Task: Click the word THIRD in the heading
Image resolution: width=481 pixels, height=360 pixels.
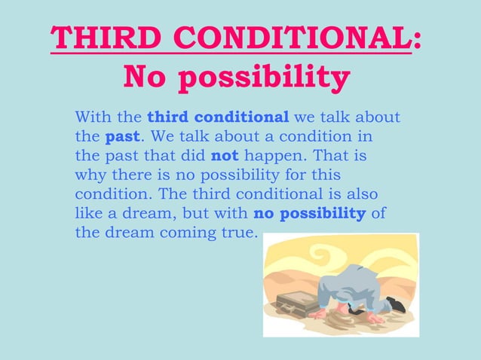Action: tap(91, 38)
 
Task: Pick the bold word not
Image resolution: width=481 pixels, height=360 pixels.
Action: tap(225, 157)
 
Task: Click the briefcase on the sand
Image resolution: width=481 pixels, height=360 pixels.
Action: tap(299, 303)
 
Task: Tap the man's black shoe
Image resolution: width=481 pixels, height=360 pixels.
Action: tap(394, 305)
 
